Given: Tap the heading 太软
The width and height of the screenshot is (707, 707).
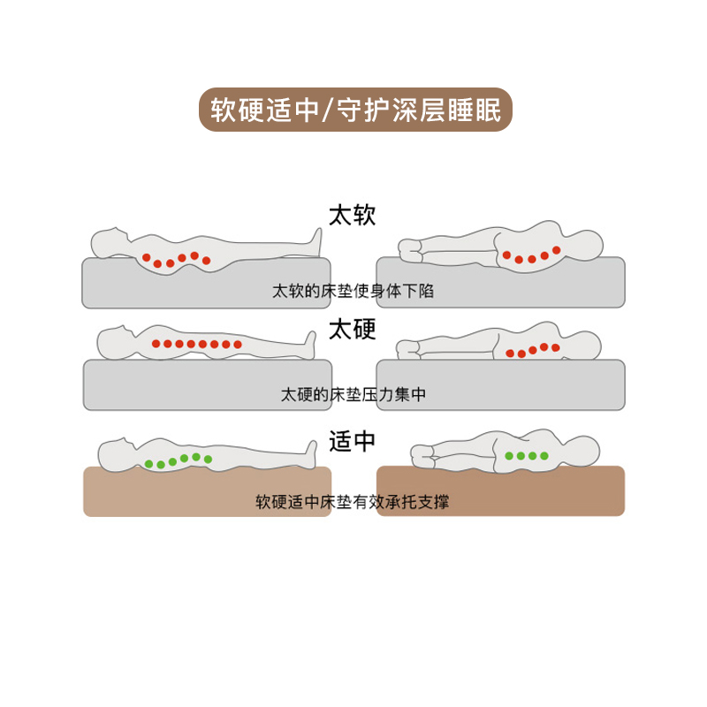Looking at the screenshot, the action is pos(353,215).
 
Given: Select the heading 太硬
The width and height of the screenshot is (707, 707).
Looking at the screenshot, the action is pos(353,330).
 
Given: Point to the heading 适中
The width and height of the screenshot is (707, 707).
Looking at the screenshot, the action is pos(353,441).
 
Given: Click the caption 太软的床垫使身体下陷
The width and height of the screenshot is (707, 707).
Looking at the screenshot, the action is pos(353,291).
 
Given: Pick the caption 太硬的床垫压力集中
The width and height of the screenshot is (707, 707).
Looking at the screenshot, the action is pos(353,395).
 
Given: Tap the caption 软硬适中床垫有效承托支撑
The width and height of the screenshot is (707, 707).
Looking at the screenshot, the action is pos(353,502).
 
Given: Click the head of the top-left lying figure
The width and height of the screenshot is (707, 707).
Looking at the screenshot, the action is pos(109,242).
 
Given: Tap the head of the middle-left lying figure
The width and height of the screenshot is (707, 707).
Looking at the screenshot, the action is pos(112,341).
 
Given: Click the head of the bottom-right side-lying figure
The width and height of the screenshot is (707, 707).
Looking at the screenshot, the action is pos(583,452).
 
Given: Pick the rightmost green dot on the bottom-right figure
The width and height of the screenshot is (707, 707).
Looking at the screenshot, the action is pos(544,456).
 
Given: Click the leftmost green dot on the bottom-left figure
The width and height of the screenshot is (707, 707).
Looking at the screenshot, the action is pos(148,464).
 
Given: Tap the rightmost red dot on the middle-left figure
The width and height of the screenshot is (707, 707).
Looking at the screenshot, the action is pos(238,345).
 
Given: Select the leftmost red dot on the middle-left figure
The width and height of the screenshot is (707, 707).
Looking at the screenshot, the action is pos(156,344).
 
